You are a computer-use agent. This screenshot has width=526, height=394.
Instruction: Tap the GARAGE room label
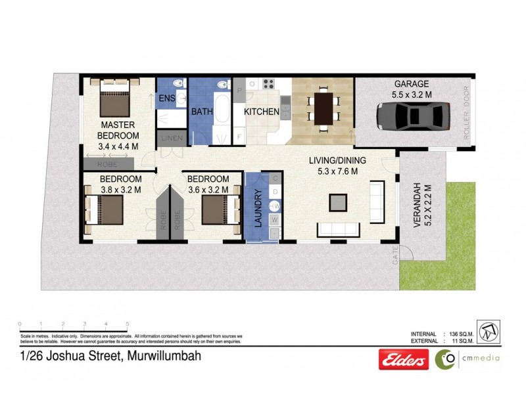pos(412,84)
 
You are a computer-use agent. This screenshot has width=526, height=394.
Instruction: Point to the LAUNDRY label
pos(258,208)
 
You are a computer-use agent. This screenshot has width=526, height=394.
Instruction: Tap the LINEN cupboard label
pos(171,138)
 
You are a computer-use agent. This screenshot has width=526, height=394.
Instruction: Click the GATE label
pos(394,259)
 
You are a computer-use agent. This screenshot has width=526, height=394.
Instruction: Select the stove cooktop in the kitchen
pos(268,84)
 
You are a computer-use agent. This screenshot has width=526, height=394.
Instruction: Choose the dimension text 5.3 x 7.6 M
pos(335,171)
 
